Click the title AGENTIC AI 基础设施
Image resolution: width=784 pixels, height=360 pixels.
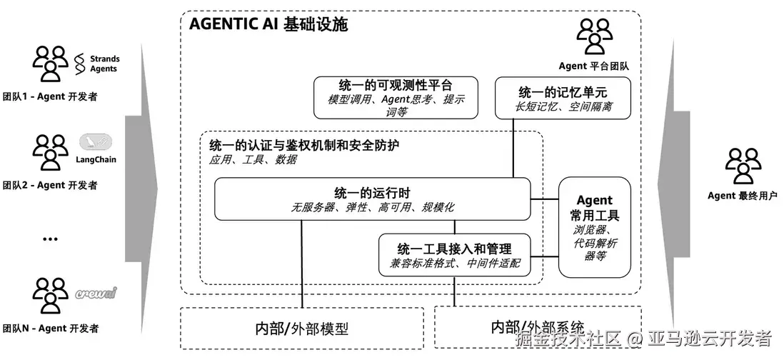click(x=268, y=24)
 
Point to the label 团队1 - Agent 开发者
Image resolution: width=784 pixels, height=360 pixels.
click(x=50, y=96)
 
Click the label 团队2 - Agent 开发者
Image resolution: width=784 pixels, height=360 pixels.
click(x=50, y=185)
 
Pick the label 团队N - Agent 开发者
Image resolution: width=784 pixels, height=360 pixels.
click(x=50, y=329)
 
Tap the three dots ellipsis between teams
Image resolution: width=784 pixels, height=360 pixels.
click(x=49, y=239)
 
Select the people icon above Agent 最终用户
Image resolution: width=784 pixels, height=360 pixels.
click(x=742, y=166)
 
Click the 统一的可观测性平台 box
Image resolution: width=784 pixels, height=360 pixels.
click(x=395, y=99)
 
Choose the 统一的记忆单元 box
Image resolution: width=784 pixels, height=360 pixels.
click(x=563, y=99)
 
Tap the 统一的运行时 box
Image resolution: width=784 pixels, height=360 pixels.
click(x=372, y=199)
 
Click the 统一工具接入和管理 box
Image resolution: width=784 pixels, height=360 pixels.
click(x=454, y=255)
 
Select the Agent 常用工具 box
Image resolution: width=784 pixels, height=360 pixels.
click(x=594, y=227)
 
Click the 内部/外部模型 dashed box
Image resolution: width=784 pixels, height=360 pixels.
click(x=302, y=329)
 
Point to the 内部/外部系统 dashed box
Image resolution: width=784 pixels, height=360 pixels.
click(x=537, y=327)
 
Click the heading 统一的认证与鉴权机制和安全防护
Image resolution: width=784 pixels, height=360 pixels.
click(x=303, y=145)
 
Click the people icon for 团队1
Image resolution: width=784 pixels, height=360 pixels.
click(x=51, y=64)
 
